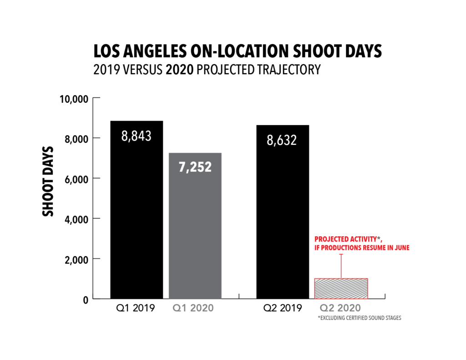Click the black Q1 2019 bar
tap(137, 218)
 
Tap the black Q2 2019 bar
tap(283, 218)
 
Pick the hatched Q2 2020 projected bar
tap(341, 289)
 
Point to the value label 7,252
tap(195, 167)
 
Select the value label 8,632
tap(282, 140)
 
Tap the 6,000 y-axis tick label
tap(76, 178)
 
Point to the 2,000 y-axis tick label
tap(76, 259)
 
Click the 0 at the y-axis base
tap(85, 299)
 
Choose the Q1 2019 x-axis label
tap(136, 308)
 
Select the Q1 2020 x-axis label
tap(193, 308)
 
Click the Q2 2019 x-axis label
tap(282, 308)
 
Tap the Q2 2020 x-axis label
tap(340, 308)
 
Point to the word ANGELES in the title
tap(151, 51)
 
